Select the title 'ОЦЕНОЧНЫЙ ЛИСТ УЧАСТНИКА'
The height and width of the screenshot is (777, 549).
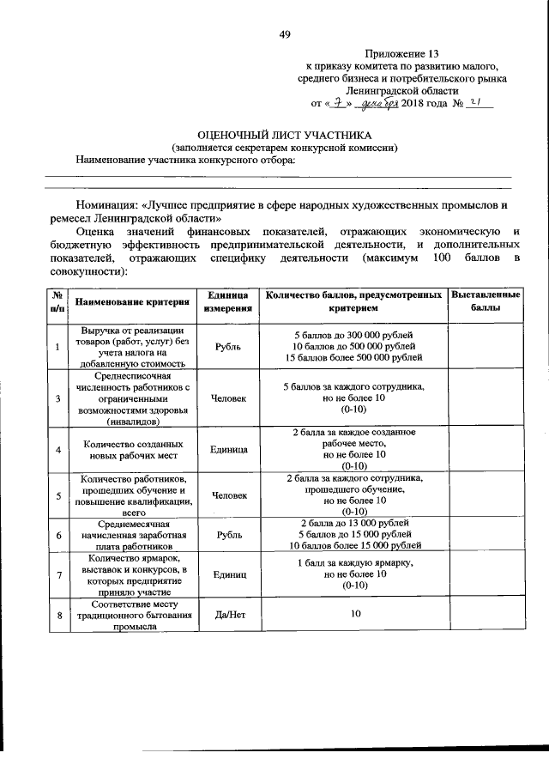[x=285, y=136]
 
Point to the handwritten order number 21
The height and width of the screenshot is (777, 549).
[x=478, y=101]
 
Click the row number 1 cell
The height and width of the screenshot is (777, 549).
[x=57, y=346]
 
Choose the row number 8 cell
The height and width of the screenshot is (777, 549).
[x=57, y=616]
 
